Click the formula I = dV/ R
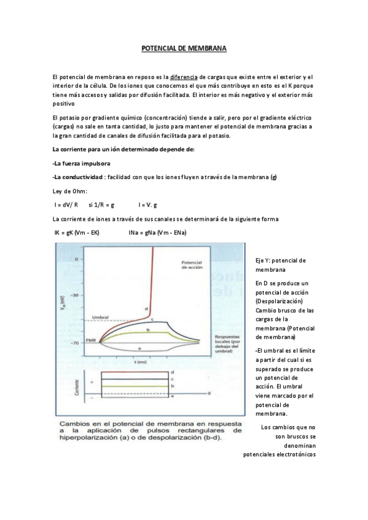point(66,204)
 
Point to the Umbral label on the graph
point(100,317)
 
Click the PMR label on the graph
point(90,340)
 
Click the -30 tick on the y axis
point(76,295)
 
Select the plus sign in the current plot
point(92,381)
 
